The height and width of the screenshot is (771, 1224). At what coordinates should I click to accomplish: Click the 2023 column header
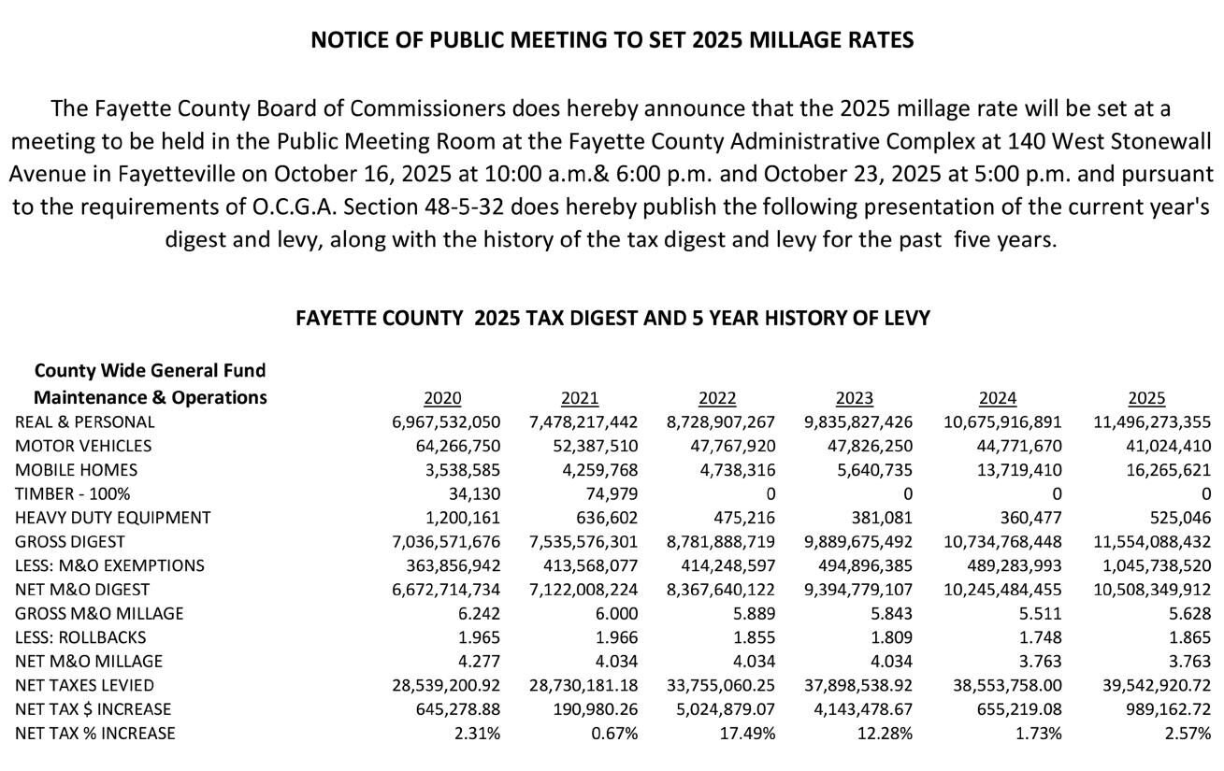click(x=854, y=398)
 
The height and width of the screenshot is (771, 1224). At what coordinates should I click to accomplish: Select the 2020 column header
click(x=441, y=398)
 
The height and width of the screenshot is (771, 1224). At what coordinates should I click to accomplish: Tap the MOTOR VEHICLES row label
click(x=83, y=446)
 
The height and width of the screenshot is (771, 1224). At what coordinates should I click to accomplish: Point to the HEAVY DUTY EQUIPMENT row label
click(x=113, y=518)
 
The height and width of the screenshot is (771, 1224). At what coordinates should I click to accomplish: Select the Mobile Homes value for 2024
click(x=1018, y=470)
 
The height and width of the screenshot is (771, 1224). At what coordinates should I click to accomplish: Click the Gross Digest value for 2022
click(x=721, y=542)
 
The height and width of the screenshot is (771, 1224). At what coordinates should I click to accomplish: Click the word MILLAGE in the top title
click(x=756, y=40)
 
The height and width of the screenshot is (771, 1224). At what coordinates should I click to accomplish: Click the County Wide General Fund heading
click(x=150, y=371)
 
